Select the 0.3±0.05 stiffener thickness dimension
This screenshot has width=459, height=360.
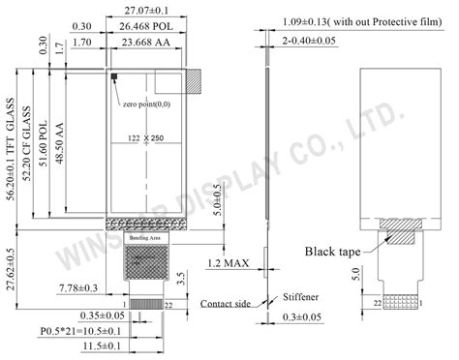click(302, 315)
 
